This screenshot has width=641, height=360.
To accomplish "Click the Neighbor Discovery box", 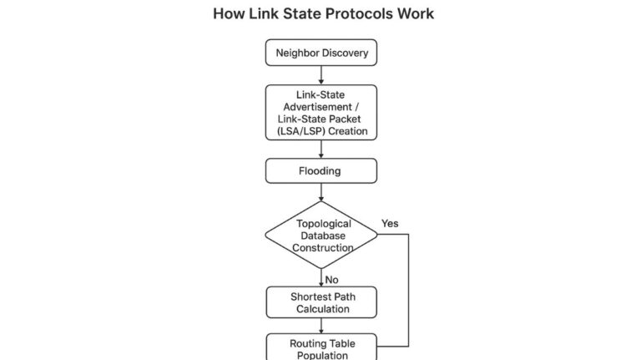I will [x=321, y=53].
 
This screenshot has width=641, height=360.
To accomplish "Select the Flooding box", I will [x=321, y=171].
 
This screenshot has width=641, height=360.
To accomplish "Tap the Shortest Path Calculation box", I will [x=321, y=302].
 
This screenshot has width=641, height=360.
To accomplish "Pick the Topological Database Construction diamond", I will [x=321, y=235].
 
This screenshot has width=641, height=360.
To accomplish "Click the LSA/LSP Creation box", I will [x=321, y=113].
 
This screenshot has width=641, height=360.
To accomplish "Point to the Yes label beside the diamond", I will [x=390, y=224].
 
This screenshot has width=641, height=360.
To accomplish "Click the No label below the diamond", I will [x=332, y=279].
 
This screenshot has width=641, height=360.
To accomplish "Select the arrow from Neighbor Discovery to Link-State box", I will [x=321, y=75].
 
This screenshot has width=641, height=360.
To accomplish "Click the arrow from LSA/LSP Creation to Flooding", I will [x=321, y=149].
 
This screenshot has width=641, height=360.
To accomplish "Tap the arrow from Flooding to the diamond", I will [x=321, y=192].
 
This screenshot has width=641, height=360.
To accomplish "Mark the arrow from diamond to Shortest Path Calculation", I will [x=321, y=277].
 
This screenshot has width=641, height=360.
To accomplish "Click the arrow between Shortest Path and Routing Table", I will [x=321, y=326].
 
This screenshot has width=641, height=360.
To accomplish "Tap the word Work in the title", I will [x=416, y=14].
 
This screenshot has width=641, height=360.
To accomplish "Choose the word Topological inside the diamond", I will [x=324, y=224].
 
